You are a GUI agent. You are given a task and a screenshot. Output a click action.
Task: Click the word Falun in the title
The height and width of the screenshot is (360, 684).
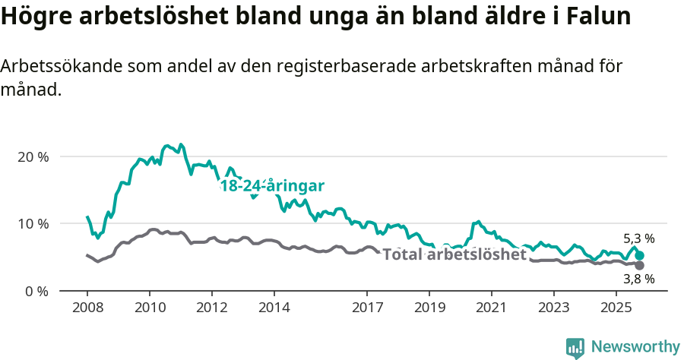pyautogui.click(x=597, y=17)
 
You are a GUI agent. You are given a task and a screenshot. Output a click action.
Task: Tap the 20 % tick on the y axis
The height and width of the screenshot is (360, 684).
pyautogui.click(x=33, y=156)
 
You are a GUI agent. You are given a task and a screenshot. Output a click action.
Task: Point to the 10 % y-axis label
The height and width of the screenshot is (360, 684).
pyautogui.click(x=33, y=223)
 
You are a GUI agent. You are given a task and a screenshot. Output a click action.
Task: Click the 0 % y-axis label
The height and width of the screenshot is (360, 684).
pyautogui.click(x=36, y=291)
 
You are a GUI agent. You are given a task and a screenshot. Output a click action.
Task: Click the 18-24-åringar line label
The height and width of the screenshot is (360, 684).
pyautogui.click(x=272, y=186)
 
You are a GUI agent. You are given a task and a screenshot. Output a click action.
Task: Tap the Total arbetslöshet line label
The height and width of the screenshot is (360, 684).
pyautogui.click(x=454, y=254)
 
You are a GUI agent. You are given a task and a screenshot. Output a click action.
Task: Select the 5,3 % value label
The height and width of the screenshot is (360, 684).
pyautogui.click(x=639, y=238)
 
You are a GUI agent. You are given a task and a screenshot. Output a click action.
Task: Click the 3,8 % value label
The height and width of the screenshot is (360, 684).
pyautogui.click(x=639, y=279)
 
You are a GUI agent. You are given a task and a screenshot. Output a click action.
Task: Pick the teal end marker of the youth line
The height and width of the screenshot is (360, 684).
pyautogui.click(x=640, y=256)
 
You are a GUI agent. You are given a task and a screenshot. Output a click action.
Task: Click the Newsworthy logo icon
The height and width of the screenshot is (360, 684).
pyautogui.click(x=575, y=347)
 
